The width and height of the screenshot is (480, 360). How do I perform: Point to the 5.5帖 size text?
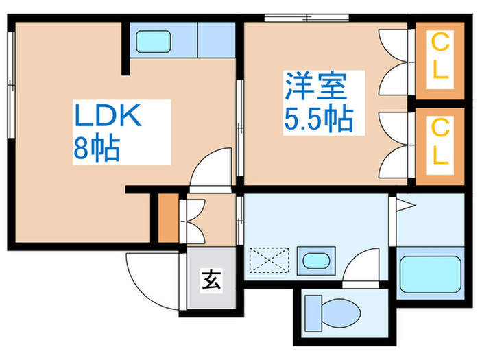(318, 120)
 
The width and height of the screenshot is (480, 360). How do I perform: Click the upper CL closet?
(440, 59)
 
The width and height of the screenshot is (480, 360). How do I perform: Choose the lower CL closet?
(440, 142)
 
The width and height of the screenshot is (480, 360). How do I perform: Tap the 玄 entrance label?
(211, 280)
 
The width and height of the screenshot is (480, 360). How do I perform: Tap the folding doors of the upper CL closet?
(394, 60)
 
